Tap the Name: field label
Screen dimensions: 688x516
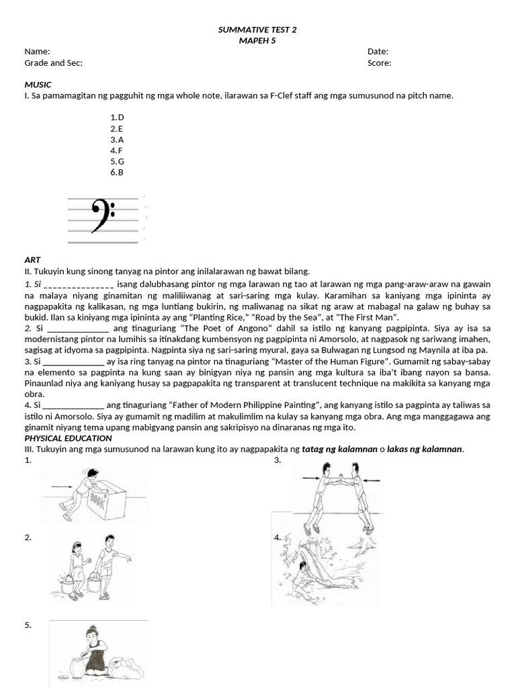[x=37, y=52]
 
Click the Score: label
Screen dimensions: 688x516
[x=379, y=63]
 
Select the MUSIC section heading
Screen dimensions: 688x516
[x=38, y=85]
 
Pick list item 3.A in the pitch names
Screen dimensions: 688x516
[x=118, y=139]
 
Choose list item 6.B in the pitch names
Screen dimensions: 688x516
[x=118, y=172]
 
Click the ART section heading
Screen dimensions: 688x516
[x=32, y=260]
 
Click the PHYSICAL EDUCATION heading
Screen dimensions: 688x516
[x=67, y=438]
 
